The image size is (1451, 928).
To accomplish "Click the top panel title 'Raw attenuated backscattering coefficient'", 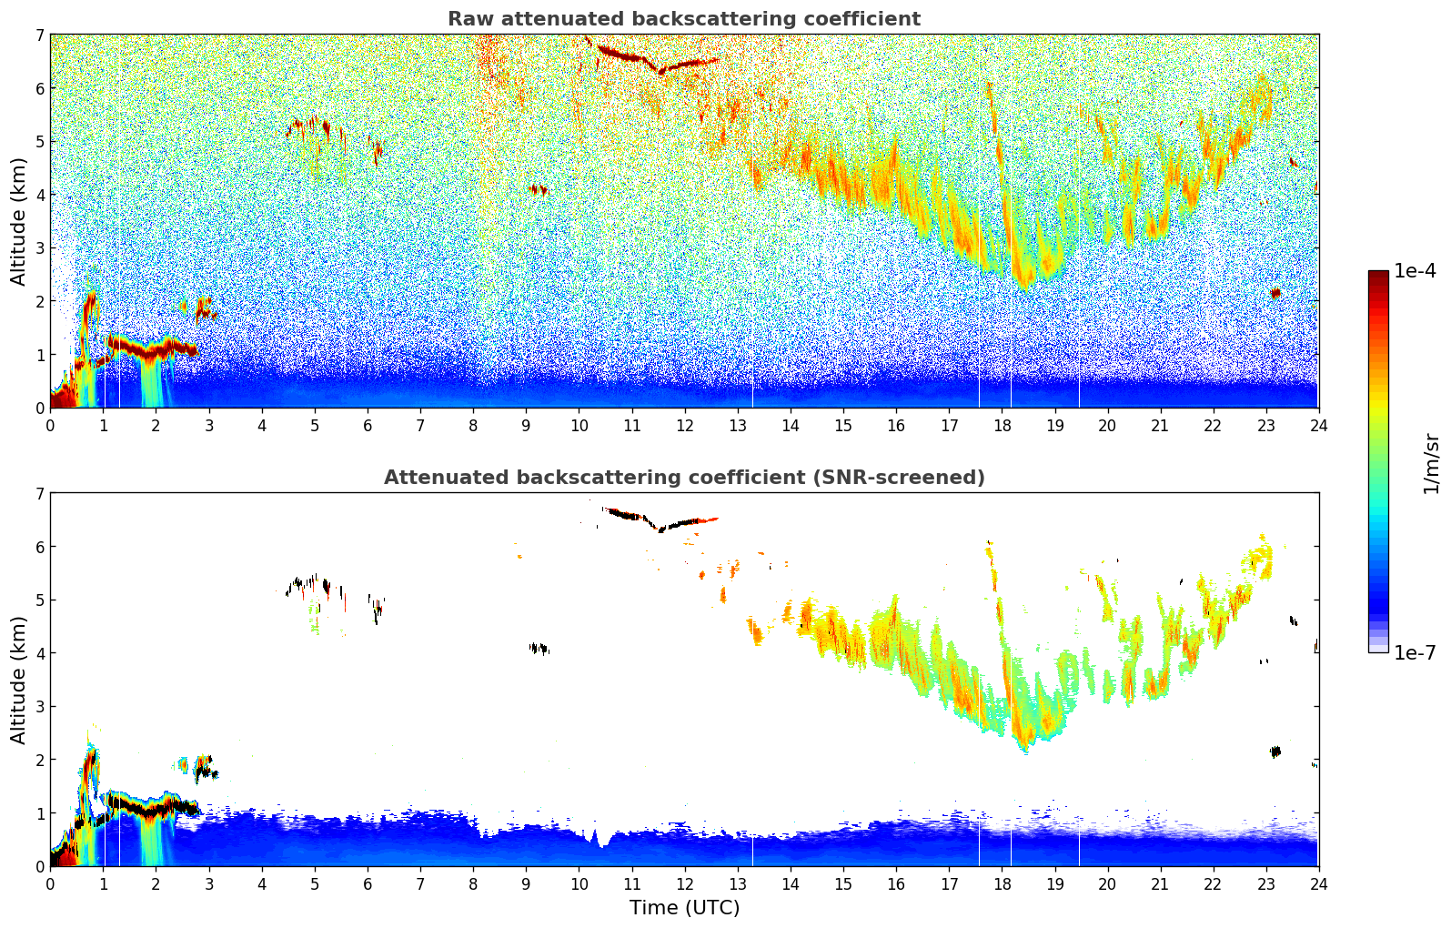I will pyautogui.click(x=683, y=19).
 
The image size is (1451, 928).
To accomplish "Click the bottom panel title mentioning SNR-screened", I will pyautogui.click(x=683, y=478).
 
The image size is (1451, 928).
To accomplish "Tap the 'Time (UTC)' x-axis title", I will pyautogui.click(x=684, y=908).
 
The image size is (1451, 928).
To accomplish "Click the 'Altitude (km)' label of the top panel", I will pyautogui.click(x=19, y=221).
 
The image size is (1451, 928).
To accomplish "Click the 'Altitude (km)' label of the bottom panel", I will pyautogui.click(x=19, y=680).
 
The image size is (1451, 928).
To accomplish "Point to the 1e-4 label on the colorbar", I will pyautogui.click(x=1415, y=271).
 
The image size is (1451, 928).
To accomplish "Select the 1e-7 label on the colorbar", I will pyautogui.click(x=1415, y=653).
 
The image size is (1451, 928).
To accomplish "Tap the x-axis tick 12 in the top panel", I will pyautogui.click(x=684, y=425).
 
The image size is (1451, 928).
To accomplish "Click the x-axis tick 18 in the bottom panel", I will pyautogui.click(x=1002, y=883).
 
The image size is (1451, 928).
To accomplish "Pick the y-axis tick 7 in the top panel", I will pyautogui.click(x=40, y=35).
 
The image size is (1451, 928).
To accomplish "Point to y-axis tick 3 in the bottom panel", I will pyautogui.click(x=40, y=707).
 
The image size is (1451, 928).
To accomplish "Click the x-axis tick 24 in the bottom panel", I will pyautogui.click(x=1318, y=883).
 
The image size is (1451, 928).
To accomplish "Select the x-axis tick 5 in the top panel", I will pyautogui.click(x=315, y=425).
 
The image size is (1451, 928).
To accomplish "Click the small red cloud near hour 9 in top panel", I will pyautogui.click(x=539, y=189).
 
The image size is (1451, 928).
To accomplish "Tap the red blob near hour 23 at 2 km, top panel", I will pyautogui.click(x=1275, y=293).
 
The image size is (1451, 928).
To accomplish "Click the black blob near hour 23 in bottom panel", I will pyautogui.click(x=1275, y=751).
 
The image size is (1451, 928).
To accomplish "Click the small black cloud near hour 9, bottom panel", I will pyautogui.click(x=539, y=649).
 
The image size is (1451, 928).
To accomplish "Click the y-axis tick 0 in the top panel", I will pyautogui.click(x=40, y=409).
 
